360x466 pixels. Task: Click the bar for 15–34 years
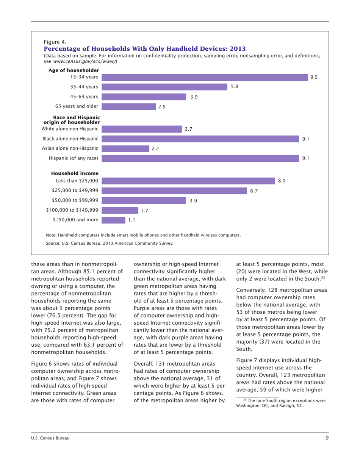tap(205, 77)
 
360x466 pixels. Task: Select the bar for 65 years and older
tap(129, 106)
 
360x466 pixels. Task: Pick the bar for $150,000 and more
tap(114, 219)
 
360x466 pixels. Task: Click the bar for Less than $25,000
tap(188, 181)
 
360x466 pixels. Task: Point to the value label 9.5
tap(313, 77)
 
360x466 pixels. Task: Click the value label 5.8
tap(234, 87)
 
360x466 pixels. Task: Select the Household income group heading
tap(75, 173)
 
